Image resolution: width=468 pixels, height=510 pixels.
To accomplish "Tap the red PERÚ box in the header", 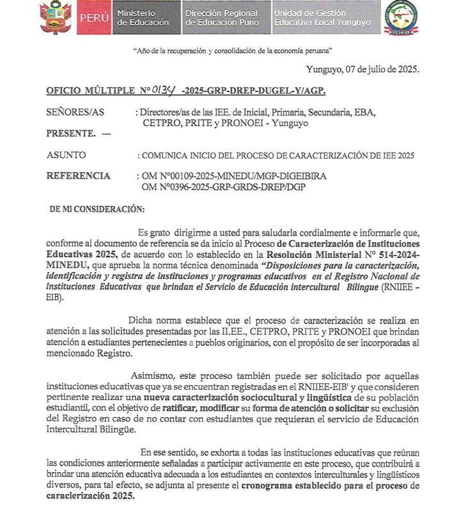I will point(94,18).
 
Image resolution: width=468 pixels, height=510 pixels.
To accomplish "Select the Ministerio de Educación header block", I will point(144,18).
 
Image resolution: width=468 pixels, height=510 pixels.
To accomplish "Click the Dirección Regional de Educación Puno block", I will point(222,18).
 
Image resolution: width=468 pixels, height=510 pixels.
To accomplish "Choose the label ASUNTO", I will point(66,155).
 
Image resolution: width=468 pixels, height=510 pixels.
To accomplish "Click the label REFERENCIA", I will point(78,176).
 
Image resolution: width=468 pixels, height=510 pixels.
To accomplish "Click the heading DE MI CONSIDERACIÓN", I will point(97,209).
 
